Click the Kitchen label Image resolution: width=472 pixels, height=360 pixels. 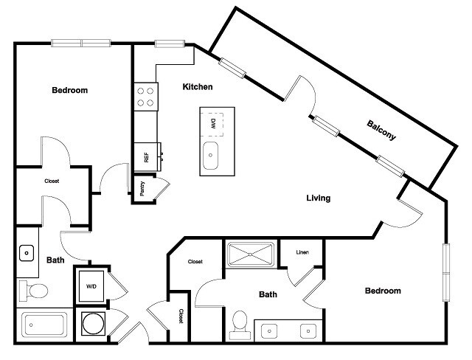pyautogui.click(x=198, y=87)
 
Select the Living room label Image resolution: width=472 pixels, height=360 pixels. pyautogui.click(x=319, y=198)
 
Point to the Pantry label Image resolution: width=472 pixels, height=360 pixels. pyautogui.click(x=142, y=190)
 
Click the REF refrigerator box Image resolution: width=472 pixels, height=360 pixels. pyautogui.click(x=146, y=156)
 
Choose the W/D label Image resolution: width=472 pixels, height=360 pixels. pyautogui.click(x=91, y=286)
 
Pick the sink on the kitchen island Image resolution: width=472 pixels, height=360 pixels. pyautogui.click(x=211, y=156)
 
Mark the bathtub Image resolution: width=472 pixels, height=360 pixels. pyautogui.click(x=45, y=325)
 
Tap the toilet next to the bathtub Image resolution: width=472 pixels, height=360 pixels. pyautogui.click(x=32, y=291)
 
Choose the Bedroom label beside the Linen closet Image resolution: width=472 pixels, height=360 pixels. pyautogui.click(x=383, y=291)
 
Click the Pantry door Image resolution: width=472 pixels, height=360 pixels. pyautogui.click(x=160, y=186)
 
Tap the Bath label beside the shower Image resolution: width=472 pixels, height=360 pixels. pyautogui.click(x=268, y=294)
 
